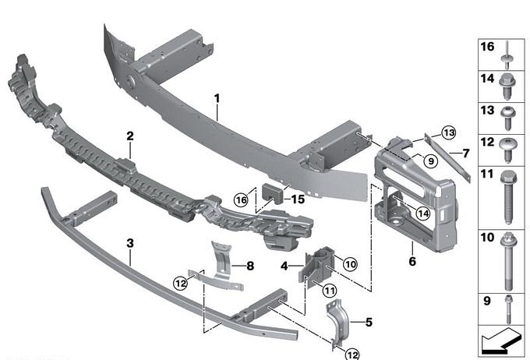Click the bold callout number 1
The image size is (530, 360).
[x=218, y=99]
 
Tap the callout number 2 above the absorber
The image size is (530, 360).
[x=130, y=136]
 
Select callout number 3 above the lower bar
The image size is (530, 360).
[x=129, y=243]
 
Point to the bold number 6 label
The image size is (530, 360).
[x=411, y=261]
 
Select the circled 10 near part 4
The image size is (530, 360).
[x=350, y=265]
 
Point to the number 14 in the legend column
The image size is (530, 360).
[x=486, y=79]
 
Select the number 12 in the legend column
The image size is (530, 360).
[x=486, y=142]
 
